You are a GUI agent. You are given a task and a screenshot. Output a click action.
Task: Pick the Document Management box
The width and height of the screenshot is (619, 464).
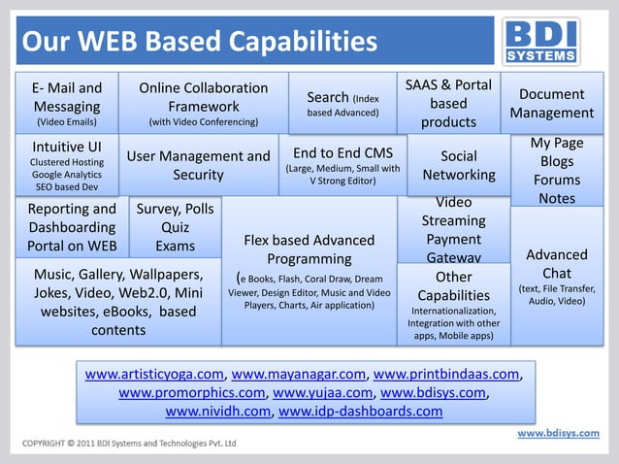551,104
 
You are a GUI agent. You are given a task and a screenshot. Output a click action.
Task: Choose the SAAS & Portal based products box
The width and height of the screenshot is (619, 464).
448,103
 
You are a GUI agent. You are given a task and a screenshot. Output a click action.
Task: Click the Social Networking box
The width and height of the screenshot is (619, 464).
459,166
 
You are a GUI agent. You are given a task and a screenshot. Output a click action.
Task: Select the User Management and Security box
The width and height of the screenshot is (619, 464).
198,165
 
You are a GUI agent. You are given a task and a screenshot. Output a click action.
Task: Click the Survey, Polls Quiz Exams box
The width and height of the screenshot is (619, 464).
175,227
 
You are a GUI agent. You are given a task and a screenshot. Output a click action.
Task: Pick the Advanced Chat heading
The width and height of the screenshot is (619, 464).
556,264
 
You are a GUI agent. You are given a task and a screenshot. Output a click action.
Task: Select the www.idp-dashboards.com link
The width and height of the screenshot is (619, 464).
360,411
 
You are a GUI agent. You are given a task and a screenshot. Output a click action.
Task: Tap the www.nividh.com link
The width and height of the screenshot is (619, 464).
217,411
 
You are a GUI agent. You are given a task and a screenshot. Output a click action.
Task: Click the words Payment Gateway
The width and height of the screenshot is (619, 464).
453,249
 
